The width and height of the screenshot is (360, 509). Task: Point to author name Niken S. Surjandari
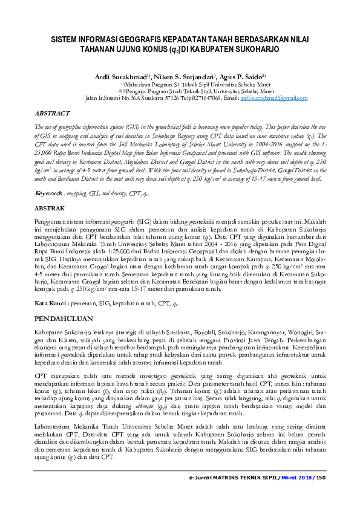[x=183, y=77]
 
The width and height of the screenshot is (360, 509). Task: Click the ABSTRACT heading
[x=53, y=113]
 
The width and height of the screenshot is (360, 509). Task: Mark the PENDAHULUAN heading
[x=64, y=317]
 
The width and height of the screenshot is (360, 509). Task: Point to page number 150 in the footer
[x=320, y=478]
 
